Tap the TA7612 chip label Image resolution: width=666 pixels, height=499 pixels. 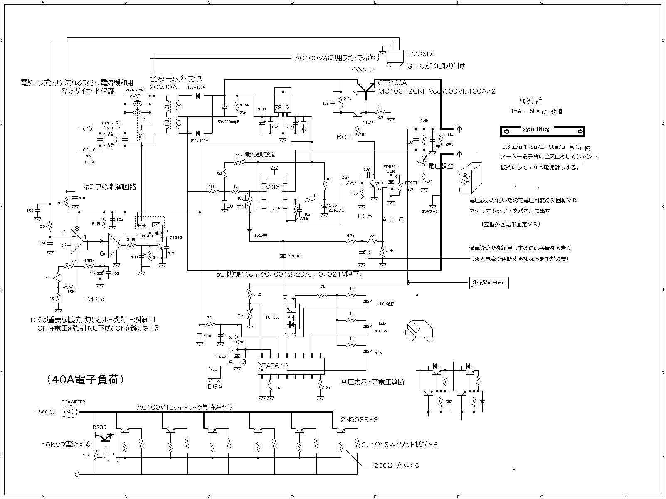(275, 366)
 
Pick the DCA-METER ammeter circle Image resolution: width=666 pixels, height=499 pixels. (71, 412)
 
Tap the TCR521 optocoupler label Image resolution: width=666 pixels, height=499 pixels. (273, 316)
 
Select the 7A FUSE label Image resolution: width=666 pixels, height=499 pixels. (90, 159)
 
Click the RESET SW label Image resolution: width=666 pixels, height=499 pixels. (411, 186)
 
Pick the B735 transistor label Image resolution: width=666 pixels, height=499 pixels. (99, 427)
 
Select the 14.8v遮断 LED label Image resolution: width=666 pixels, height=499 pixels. (386, 304)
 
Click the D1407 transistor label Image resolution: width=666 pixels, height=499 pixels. (368, 123)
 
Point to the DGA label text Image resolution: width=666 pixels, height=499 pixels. (215, 386)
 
